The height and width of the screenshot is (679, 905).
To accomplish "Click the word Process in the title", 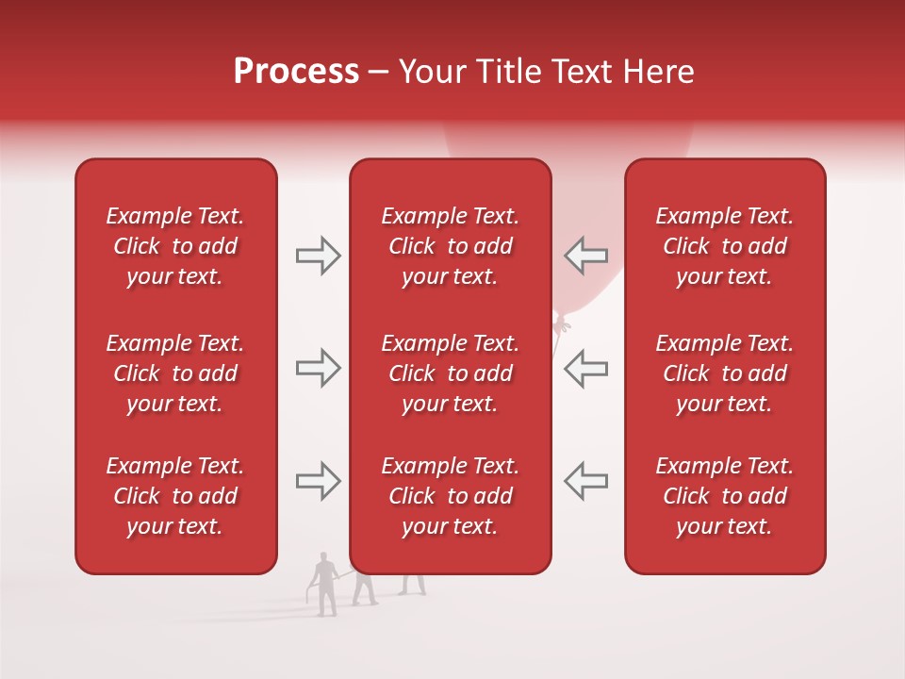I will coord(296,72).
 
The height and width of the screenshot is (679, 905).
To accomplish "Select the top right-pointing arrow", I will coord(318,256).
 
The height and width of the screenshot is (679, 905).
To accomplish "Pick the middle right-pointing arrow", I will coord(318,368).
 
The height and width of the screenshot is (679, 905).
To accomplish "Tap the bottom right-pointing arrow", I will coord(318,480).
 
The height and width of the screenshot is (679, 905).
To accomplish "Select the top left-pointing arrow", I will coord(585,256).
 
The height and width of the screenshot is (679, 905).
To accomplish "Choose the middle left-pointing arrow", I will coord(585,368).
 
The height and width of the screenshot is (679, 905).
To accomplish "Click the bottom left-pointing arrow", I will coord(585,480).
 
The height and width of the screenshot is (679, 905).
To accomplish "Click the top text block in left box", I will coord(175,246).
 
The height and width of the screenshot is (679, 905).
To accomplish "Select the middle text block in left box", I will coord(175,373).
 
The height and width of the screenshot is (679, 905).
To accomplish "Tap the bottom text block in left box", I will coord(175,496).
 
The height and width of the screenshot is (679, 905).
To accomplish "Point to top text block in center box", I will coord(450,246).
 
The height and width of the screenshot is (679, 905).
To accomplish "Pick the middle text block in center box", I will coord(450,373).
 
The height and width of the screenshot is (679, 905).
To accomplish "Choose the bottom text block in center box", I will coord(450,496).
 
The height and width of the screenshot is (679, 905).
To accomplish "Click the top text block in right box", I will coord(724,246).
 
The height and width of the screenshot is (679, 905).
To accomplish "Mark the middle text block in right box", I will coord(724,373).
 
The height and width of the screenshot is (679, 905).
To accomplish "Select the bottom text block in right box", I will coord(724,496).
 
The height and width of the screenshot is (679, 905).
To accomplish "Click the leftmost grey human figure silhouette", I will coord(325,585).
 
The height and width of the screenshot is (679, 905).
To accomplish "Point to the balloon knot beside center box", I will coord(562,325).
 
